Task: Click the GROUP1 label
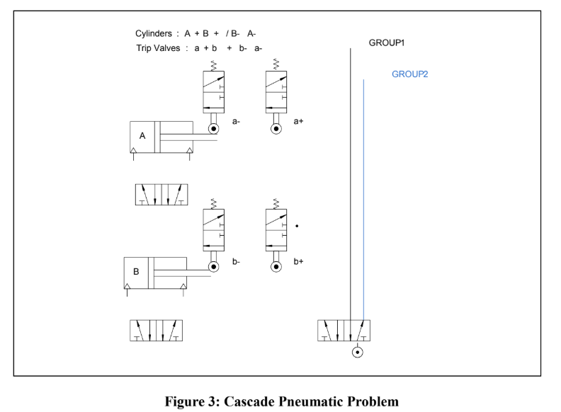(386, 43)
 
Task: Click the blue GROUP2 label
(410, 74)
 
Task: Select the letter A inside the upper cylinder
(142, 136)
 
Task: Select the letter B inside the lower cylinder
(136, 271)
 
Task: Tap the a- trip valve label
(237, 122)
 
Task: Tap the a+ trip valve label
(299, 122)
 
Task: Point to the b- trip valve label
(237, 262)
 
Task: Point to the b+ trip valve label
(299, 262)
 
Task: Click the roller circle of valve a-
(213, 129)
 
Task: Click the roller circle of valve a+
(276, 129)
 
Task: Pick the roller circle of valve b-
(213, 267)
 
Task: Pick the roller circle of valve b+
(276, 267)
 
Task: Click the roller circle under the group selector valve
(358, 352)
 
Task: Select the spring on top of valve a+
(276, 65)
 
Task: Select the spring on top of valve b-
(213, 203)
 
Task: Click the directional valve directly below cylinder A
(162, 195)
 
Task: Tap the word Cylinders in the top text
(153, 33)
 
